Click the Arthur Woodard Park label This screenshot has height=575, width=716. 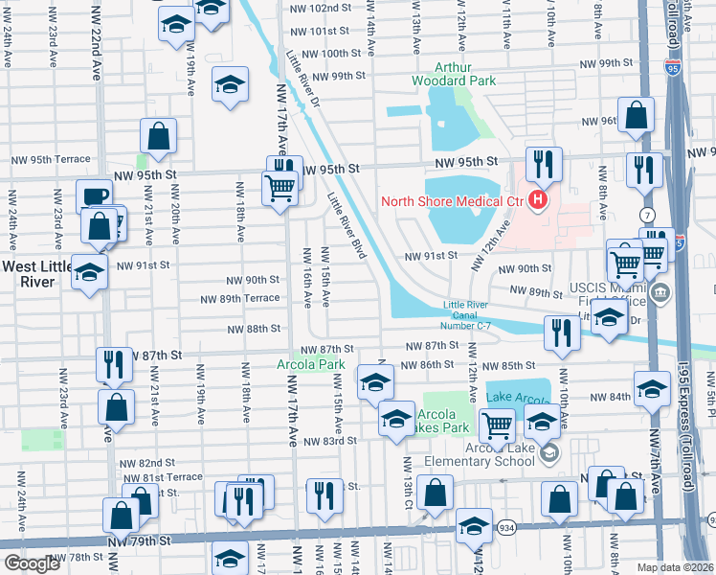pos(453,74)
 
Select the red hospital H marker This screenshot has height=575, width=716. pos(538,200)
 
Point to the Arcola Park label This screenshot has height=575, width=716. pos(310,365)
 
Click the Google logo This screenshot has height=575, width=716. pos(32,563)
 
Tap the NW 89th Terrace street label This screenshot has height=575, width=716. pos(240,299)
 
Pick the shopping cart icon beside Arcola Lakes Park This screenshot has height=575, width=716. pos(496,423)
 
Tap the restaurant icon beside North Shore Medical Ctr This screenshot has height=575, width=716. pos(542,162)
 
